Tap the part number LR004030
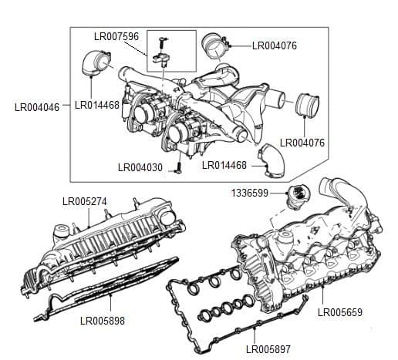pyautogui.click(x=140, y=167)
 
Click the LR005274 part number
pyautogui.click(x=84, y=202)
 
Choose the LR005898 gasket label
pyautogui.click(x=102, y=320)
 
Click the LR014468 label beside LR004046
pyautogui.click(x=97, y=106)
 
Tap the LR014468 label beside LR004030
pyautogui.click(x=224, y=165)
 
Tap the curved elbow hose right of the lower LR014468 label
pyautogui.click(x=271, y=158)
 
